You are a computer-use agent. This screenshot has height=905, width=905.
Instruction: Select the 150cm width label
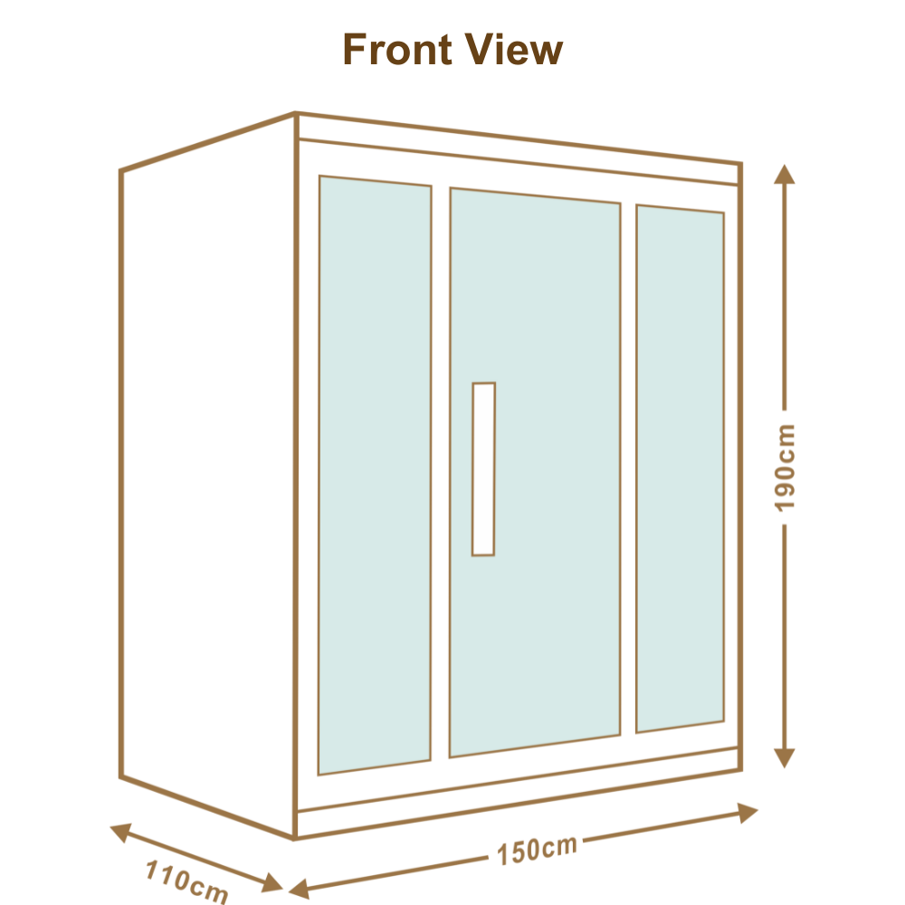click(x=536, y=850)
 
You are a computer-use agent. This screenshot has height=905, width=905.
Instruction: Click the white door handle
click(x=483, y=469)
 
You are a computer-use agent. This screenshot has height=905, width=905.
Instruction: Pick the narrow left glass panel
click(x=374, y=475)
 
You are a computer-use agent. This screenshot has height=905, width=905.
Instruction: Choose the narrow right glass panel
click(x=680, y=469)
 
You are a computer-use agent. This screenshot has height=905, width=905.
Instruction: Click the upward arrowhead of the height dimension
click(x=784, y=174)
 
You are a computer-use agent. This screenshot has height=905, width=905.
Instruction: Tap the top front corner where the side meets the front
click(x=296, y=114)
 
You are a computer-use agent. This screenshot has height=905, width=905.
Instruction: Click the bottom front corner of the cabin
click(x=294, y=839)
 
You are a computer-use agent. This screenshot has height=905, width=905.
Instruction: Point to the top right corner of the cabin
click(x=742, y=164)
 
